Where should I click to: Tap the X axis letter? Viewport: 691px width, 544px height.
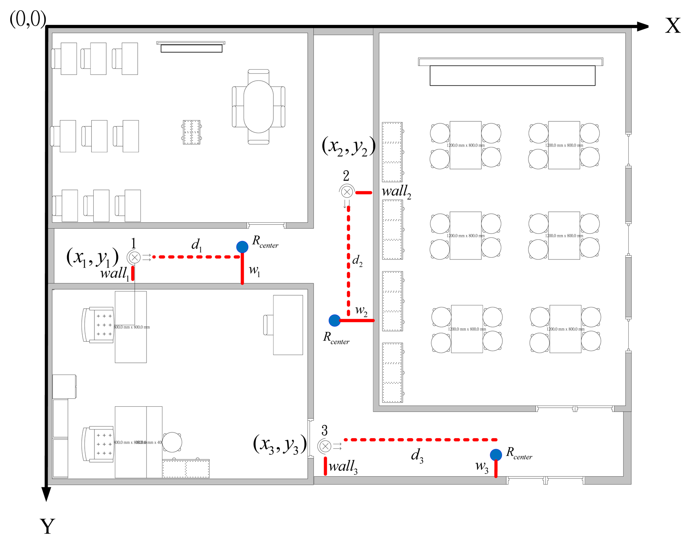(673, 26)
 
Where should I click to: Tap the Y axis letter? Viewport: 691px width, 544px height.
(47, 526)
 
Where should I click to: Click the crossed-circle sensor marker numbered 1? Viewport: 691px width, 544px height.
(134, 257)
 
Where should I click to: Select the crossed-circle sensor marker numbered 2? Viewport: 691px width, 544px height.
(347, 192)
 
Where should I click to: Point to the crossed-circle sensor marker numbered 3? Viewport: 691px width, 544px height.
(325, 446)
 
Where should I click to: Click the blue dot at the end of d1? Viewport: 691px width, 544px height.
(242, 246)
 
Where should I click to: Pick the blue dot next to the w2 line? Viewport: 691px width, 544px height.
(334, 320)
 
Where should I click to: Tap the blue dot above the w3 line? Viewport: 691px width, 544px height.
(496, 455)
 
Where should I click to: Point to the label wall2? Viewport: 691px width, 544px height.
(396, 191)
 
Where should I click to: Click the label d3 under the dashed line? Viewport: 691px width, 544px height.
(417, 455)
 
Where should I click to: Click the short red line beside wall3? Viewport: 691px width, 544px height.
(325, 466)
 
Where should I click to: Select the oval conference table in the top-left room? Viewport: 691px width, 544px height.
(258, 107)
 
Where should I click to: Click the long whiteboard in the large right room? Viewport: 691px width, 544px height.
(512, 75)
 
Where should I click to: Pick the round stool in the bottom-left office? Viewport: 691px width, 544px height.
(172, 442)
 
